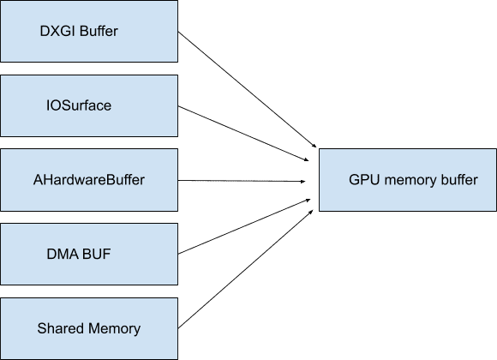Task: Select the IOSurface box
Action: pos(88,107)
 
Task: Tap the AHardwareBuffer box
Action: pos(88,181)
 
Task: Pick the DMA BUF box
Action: pos(88,255)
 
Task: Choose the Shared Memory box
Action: pos(88,328)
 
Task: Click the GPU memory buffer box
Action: pos(407,180)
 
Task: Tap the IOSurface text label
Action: pos(78,107)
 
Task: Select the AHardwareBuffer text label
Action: pos(88,181)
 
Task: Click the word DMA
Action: pos(61,255)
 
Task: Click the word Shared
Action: pos(58,328)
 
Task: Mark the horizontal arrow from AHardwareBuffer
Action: pos(244,181)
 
